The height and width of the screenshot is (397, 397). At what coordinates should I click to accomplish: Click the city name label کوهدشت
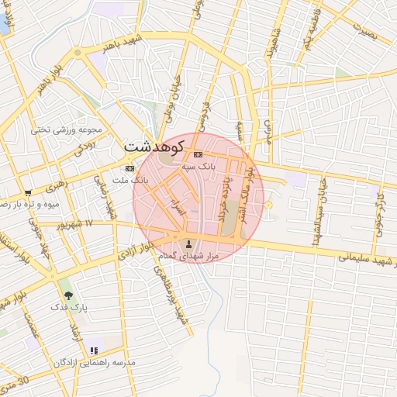click(x=154, y=146)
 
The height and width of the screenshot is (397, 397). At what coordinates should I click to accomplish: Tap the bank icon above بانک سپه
click(x=197, y=155)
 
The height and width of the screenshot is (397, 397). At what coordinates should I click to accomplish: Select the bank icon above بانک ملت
click(x=129, y=168)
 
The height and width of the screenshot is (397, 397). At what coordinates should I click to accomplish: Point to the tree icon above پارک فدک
click(x=68, y=295)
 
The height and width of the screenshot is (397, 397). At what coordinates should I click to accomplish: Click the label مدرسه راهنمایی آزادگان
click(x=94, y=363)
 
